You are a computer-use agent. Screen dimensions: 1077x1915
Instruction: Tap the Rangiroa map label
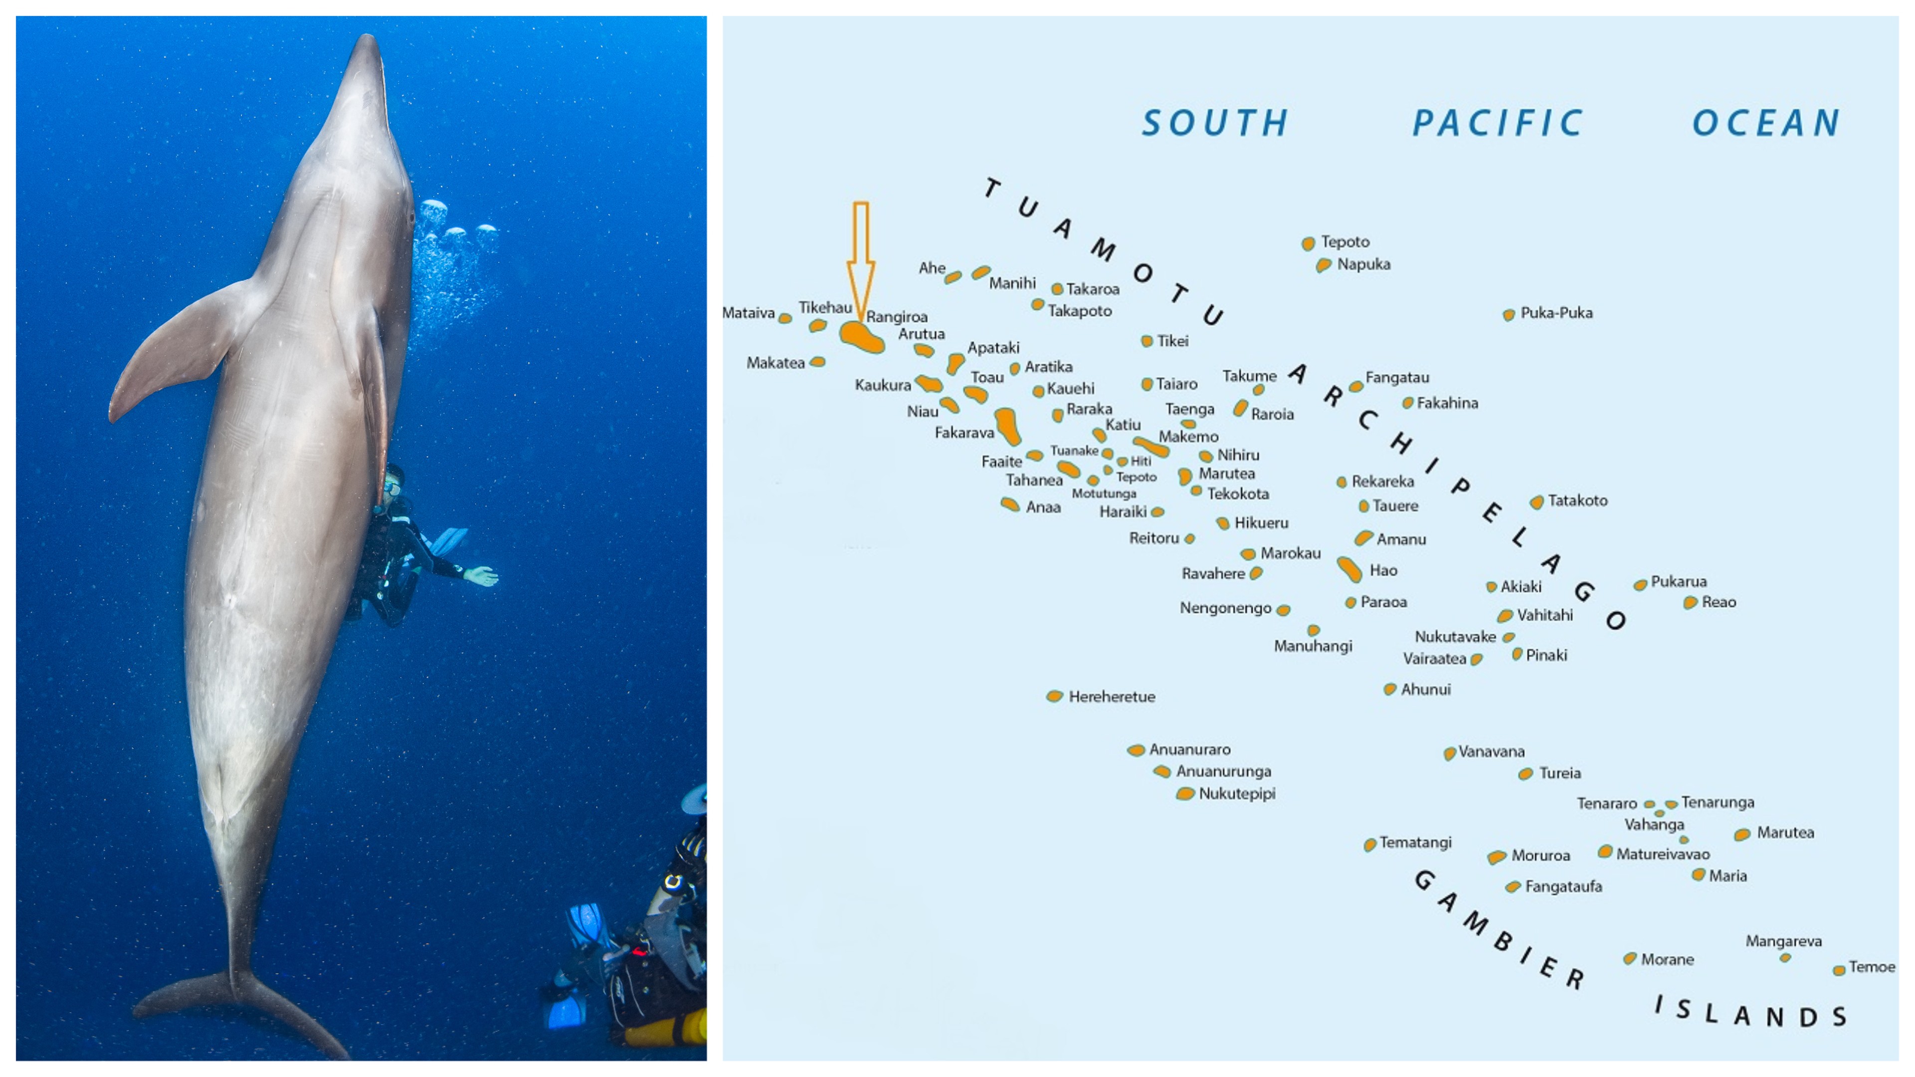pyautogui.click(x=897, y=317)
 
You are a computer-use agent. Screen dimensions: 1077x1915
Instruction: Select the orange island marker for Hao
pyautogui.click(x=1349, y=569)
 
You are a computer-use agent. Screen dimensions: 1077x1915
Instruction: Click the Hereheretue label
pyautogui.click(x=1112, y=697)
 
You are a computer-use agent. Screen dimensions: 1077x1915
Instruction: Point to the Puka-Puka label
pyautogui.click(x=1556, y=313)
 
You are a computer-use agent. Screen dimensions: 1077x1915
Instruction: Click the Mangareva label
pyautogui.click(x=1783, y=941)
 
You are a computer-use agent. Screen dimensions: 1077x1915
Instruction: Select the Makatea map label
pyautogui.click(x=775, y=362)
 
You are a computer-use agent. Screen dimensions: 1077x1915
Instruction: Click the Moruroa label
pyautogui.click(x=1540, y=856)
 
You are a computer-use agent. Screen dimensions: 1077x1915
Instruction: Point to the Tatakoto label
pyautogui.click(x=1577, y=500)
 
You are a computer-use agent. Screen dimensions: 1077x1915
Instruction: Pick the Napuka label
pyautogui.click(x=1363, y=264)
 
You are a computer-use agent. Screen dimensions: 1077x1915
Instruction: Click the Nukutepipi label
pyautogui.click(x=1237, y=793)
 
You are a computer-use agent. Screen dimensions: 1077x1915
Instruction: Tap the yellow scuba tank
pyautogui.click(x=665, y=1030)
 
